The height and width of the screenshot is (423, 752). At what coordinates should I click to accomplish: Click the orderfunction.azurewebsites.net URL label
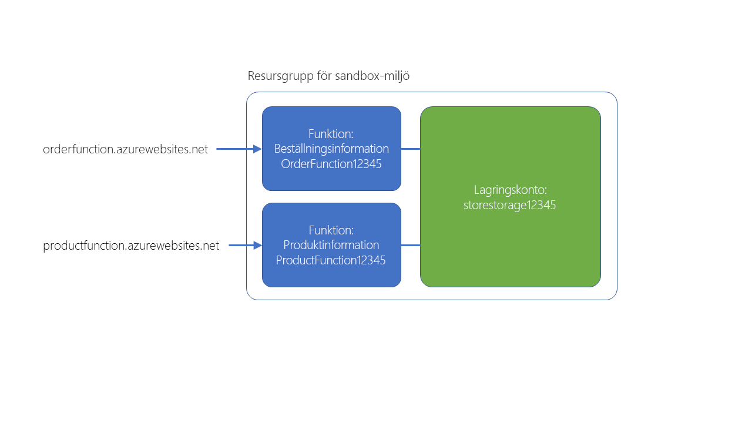click(125, 149)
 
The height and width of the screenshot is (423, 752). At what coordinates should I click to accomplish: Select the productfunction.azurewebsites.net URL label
click(131, 246)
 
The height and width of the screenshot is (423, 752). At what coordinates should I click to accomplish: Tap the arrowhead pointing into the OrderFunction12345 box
click(257, 149)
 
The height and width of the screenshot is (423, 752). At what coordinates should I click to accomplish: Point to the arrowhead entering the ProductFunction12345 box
click(257, 246)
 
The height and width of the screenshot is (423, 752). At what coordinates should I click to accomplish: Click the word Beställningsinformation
click(331, 149)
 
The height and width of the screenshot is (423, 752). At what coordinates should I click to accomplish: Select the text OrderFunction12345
click(331, 164)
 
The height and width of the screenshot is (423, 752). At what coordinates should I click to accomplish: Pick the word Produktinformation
click(331, 245)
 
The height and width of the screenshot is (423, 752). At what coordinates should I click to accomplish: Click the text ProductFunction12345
click(331, 260)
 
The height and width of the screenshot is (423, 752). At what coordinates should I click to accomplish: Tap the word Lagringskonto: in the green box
click(510, 190)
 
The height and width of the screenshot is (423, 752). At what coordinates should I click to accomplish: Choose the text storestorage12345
click(510, 206)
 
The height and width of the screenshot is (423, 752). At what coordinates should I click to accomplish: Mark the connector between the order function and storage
click(411, 149)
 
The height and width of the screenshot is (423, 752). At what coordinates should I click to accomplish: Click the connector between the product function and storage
click(411, 246)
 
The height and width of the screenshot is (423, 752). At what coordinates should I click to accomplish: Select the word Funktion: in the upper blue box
click(331, 134)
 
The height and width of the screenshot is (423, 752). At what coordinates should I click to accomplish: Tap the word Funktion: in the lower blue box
click(331, 230)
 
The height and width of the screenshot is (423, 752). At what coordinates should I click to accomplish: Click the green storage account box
click(510, 247)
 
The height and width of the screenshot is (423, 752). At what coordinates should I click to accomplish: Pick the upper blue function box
click(331, 179)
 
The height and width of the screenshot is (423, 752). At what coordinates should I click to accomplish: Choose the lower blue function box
click(331, 276)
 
